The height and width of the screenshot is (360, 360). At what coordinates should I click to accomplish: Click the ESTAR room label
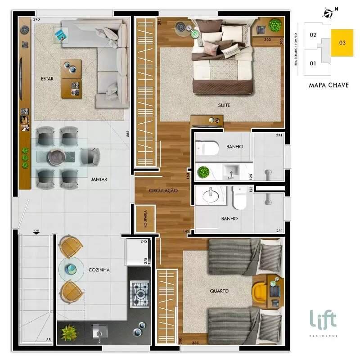(x=47, y=79)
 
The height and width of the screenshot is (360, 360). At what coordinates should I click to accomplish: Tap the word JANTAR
(x=99, y=179)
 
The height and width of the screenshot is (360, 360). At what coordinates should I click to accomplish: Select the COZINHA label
(x=99, y=270)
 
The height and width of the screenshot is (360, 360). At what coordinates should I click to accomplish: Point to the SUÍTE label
(x=224, y=105)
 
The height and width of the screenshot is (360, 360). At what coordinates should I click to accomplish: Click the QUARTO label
(x=219, y=291)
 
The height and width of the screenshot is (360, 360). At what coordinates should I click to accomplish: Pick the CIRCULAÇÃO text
(x=163, y=191)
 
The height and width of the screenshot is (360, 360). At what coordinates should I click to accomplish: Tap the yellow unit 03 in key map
(x=342, y=43)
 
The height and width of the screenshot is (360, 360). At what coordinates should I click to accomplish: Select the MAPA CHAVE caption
(x=329, y=85)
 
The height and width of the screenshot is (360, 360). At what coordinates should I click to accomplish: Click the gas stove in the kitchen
(x=139, y=294)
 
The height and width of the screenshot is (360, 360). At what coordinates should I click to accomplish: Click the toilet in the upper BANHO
(x=208, y=147)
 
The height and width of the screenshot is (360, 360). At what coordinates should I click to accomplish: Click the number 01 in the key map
(x=313, y=63)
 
